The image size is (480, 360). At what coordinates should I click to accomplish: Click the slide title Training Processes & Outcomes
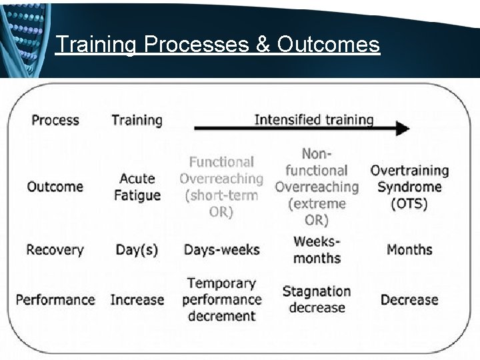point(217,45)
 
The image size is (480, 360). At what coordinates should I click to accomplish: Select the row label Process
point(55,120)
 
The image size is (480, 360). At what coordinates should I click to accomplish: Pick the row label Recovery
point(55,250)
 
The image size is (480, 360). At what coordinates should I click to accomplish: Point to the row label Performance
point(55,299)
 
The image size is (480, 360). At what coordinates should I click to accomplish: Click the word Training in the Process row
point(137,120)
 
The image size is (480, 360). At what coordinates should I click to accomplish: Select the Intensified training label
point(313,120)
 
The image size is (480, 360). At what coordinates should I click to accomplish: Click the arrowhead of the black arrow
point(401,129)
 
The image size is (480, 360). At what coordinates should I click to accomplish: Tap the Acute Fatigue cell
point(137,187)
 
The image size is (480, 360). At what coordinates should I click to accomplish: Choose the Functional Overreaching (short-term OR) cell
point(221,187)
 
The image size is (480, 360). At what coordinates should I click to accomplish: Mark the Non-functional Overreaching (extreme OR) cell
point(317,187)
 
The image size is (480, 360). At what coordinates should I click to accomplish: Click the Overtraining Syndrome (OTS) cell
point(409,187)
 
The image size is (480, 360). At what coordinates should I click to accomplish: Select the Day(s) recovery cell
point(137,250)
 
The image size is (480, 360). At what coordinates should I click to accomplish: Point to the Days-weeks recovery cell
point(221,250)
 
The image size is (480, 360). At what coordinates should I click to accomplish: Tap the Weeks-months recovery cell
point(317,249)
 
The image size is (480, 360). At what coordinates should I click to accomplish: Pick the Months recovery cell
point(409,250)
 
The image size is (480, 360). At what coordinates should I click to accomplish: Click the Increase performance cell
point(137,299)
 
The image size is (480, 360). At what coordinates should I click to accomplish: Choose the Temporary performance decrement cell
point(221,299)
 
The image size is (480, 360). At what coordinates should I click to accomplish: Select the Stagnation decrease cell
point(317,299)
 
